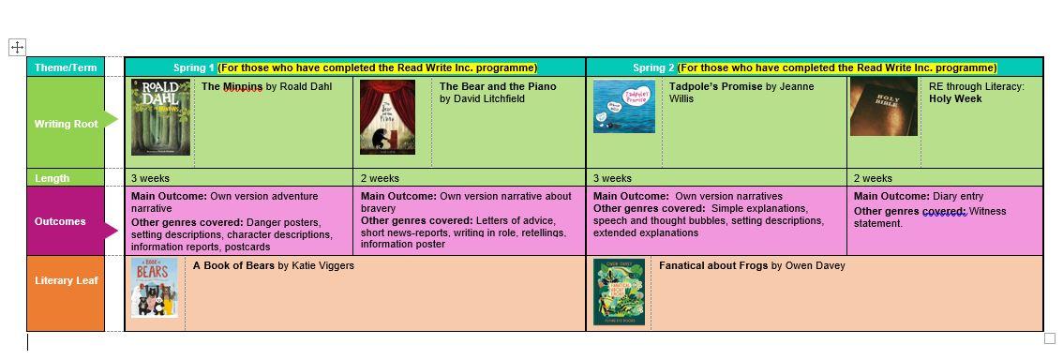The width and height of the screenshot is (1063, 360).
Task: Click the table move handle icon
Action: coord(17,47)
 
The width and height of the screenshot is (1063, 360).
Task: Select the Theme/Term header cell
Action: coord(66,67)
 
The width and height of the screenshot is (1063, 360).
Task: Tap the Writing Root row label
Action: coord(66,124)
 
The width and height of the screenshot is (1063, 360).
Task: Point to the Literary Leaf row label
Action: coord(66,280)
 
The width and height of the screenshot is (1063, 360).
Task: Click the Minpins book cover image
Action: coord(160,117)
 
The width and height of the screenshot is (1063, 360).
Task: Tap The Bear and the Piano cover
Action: coord(387,117)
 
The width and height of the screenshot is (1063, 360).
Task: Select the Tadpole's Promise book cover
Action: coord(623,107)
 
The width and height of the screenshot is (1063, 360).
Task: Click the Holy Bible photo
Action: coord(883,107)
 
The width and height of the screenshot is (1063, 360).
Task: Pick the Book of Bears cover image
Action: coord(155,288)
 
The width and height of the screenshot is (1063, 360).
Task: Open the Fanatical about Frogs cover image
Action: coord(619,292)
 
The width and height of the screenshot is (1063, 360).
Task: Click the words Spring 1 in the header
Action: coord(194,67)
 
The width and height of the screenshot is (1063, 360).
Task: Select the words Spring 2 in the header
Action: coord(653,67)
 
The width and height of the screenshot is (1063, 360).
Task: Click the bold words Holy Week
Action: coord(955,98)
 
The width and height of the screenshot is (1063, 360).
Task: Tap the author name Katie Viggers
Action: coord(322,265)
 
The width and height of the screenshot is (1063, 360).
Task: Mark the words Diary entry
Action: coord(958,197)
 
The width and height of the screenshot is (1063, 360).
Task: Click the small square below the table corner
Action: coord(1050,338)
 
